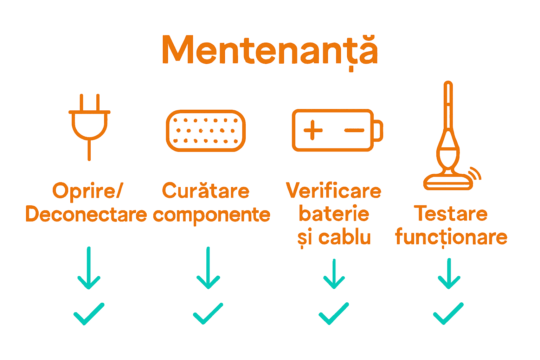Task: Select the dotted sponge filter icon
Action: click(206, 130)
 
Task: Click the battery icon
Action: click(337, 130)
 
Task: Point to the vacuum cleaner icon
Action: click(448, 141)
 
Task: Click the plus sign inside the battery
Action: click(313, 130)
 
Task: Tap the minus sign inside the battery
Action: click(354, 130)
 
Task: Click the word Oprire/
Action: click(88, 191)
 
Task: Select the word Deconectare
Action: click(86, 214)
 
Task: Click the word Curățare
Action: click(206, 191)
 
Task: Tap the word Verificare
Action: click(334, 191)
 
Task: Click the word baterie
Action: click(334, 214)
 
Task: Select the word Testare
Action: click(451, 214)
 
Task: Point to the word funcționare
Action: click(451, 237)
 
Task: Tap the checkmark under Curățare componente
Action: click(208, 313)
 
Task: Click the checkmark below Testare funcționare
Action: click(448, 313)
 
